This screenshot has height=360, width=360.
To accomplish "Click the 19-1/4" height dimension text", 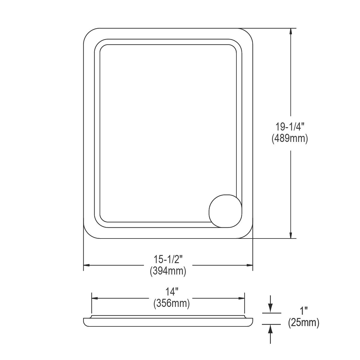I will point(290,127).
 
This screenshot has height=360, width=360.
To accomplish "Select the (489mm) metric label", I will point(290,139).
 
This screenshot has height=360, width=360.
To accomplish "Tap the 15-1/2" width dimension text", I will point(168,259).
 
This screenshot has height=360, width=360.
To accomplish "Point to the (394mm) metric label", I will point(168,271).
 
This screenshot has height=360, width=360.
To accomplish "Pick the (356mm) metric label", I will point(172,304).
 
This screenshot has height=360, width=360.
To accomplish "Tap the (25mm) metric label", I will point(304,323).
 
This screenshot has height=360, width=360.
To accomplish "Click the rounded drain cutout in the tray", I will point(225,211).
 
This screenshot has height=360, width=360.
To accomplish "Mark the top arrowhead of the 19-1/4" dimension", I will point(290,31).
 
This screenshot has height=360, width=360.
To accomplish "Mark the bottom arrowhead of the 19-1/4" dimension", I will point(290,235).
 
